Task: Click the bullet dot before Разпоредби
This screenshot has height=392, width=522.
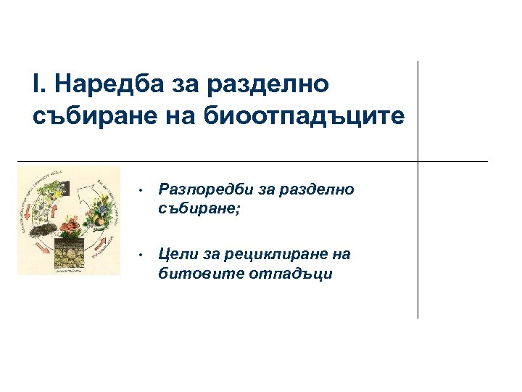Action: [x=144, y=191]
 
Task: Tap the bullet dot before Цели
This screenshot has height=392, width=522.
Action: [x=144, y=255]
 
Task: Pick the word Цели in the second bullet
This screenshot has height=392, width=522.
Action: [x=175, y=254]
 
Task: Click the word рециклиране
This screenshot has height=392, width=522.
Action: [x=271, y=254]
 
